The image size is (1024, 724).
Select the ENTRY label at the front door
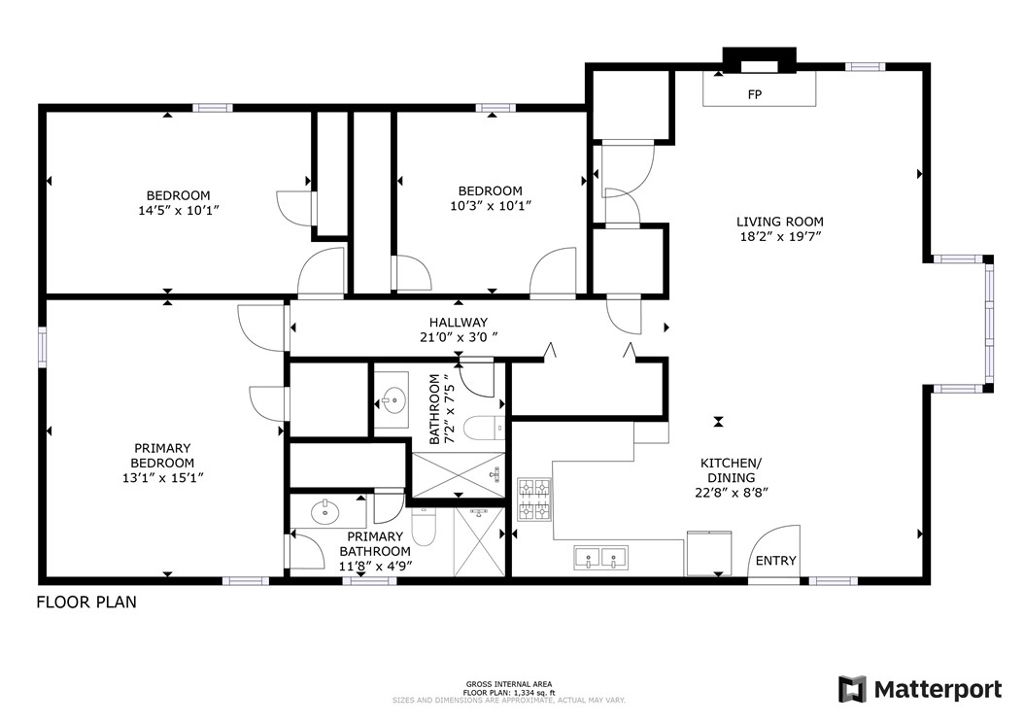coord(775,561)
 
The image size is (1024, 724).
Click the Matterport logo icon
coord(852,689)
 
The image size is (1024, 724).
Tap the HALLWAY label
coord(459,323)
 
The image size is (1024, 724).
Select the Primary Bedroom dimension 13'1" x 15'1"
coord(163,477)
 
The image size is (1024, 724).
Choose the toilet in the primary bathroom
coord(424,528)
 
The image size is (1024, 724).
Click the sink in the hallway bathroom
coord(393,397)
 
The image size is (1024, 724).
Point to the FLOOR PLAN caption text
coord(86,602)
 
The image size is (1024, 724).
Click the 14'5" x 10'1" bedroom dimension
coord(178,209)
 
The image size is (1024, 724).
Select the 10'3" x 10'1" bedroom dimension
coord(491,205)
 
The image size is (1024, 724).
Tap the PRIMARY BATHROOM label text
coord(375,543)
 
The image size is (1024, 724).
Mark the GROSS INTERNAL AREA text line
coord(509,684)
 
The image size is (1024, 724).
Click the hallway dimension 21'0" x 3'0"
coord(459,337)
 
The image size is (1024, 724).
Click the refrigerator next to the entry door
coord(709,552)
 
